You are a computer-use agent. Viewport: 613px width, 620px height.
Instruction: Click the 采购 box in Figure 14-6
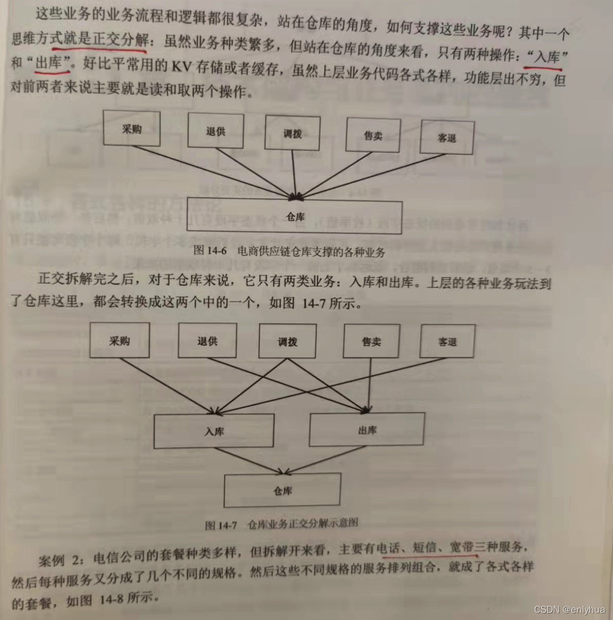click(132, 129)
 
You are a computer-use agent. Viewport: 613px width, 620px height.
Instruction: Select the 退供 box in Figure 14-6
click(216, 131)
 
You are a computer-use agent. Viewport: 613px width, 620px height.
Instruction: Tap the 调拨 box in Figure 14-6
click(292, 133)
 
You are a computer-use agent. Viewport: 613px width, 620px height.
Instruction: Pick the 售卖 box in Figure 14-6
click(373, 135)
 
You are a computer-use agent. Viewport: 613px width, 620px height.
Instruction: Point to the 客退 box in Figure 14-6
click(447, 138)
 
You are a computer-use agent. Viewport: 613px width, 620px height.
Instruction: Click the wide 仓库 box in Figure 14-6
click(295, 217)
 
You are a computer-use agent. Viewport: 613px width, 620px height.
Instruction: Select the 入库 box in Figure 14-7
click(214, 431)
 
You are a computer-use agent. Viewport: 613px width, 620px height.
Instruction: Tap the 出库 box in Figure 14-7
click(366, 430)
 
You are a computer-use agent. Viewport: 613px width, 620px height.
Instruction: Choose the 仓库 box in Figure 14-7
click(283, 490)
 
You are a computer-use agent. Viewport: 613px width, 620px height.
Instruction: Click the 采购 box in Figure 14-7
click(119, 340)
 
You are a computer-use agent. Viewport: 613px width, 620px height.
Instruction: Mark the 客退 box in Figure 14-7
click(447, 342)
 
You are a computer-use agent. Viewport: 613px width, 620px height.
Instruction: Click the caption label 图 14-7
click(221, 525)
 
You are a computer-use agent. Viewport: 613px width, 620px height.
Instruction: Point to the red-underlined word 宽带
click(461, 547)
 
